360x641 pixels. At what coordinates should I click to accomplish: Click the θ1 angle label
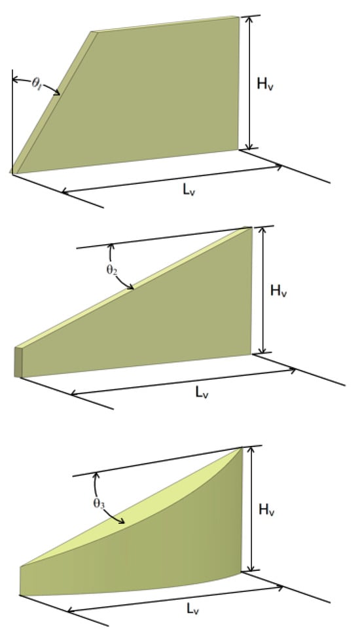point(37,83)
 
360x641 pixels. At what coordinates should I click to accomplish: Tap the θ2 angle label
point(111,270)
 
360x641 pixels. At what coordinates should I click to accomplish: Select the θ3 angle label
point(99,504)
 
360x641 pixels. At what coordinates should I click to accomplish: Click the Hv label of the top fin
point(265,83)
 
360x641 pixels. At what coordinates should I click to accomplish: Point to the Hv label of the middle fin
point(279,291)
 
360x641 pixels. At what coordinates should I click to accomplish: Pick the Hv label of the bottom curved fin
point(267,510)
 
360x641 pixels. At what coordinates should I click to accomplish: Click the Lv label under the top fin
point(189,189)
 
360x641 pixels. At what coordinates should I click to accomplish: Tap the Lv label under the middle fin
point(202,392)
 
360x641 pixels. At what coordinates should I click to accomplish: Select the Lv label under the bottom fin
point(193,609)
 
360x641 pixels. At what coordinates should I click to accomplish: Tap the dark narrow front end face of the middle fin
point(18,362)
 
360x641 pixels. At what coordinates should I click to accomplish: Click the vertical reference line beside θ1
point(12,122)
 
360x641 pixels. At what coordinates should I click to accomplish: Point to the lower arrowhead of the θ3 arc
point(120,521)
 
